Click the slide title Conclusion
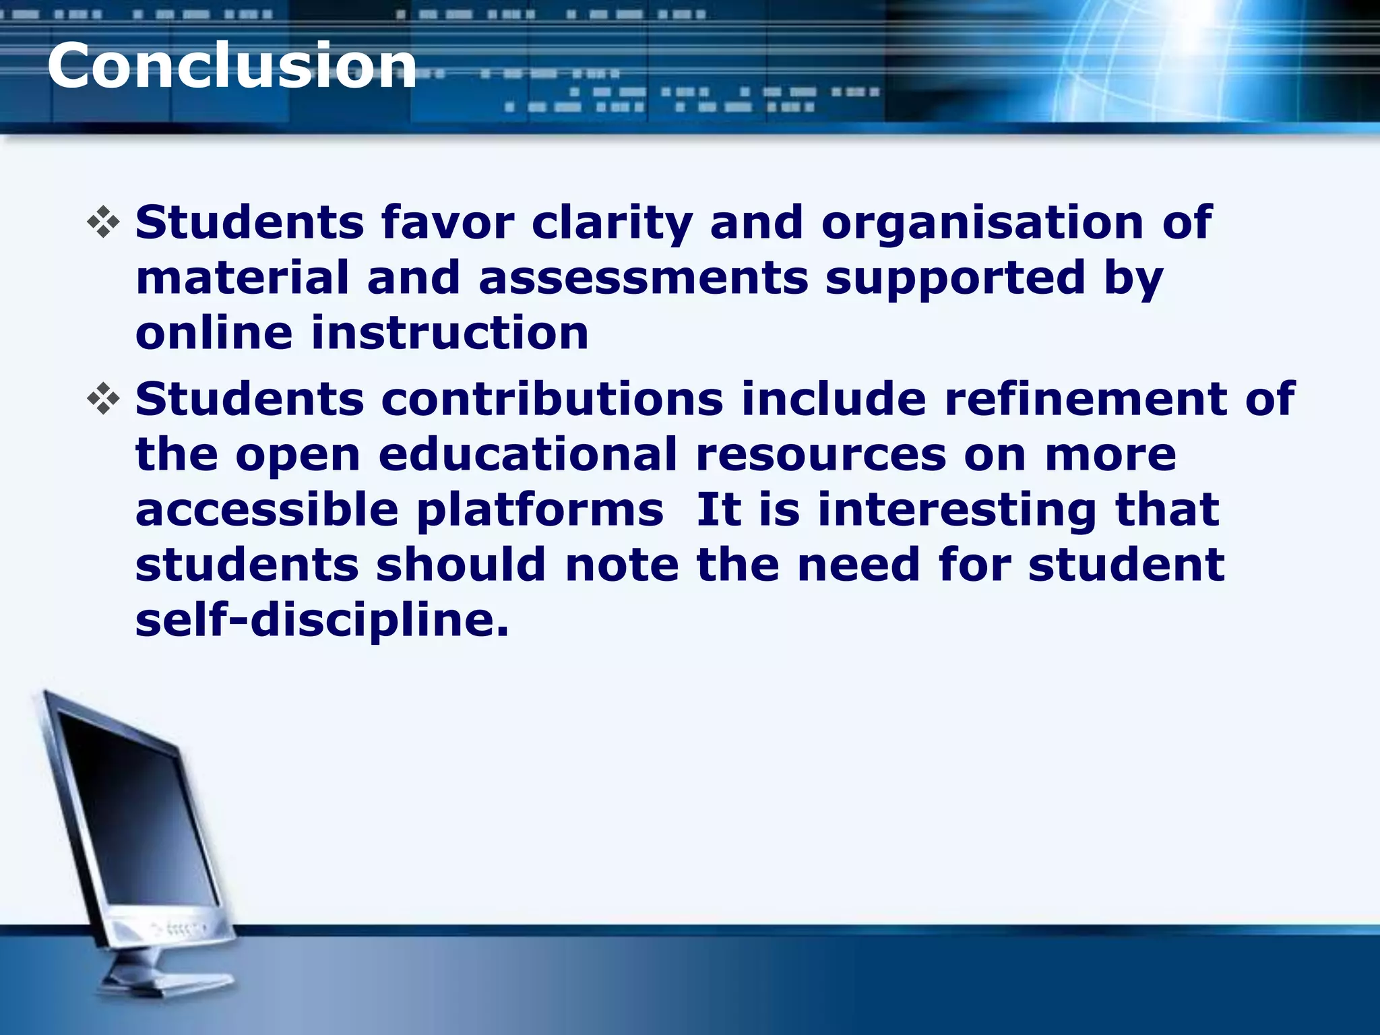coord(232,66)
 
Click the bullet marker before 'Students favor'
coord(103,223)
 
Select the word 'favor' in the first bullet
coord(447,222)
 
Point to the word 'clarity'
coord(612,224)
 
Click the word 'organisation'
coord(982,224)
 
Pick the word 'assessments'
coord(643,278)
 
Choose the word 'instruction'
coord(449,333)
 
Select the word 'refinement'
coord(1086,399)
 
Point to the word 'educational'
coord(528,454)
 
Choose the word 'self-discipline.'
coord(322,620)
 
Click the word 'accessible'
coord(267,509)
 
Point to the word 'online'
coord(214,333)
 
